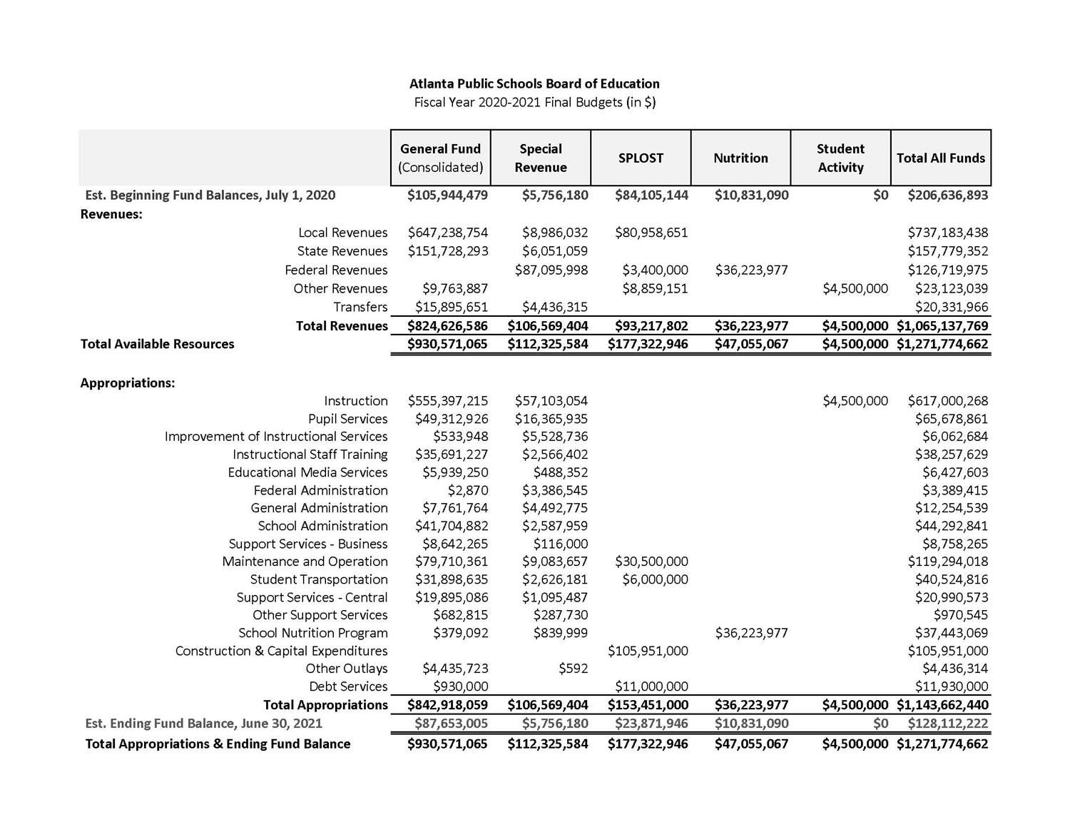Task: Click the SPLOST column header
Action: (641, 158)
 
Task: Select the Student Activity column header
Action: (840, 158)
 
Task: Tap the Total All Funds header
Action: (940, 158)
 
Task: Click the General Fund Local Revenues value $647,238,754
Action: (448, 233)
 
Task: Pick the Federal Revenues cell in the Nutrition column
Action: (750, 270)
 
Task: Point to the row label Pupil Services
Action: (347, 419)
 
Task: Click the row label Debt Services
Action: (348, 686)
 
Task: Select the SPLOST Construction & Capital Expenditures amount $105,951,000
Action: (648, 651)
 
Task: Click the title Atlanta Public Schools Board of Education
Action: (534, 83)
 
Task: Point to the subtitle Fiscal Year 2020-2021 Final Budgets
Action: (534, 102)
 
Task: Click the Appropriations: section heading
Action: (128, 383)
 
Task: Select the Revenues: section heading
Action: (111, 214)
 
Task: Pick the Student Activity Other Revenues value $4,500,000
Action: (855, 288)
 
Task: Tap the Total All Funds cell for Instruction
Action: (948, 401)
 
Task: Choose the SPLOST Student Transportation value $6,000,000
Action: (655, 579)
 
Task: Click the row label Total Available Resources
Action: (158, 344)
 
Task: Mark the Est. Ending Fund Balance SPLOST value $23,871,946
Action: (651, 723)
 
